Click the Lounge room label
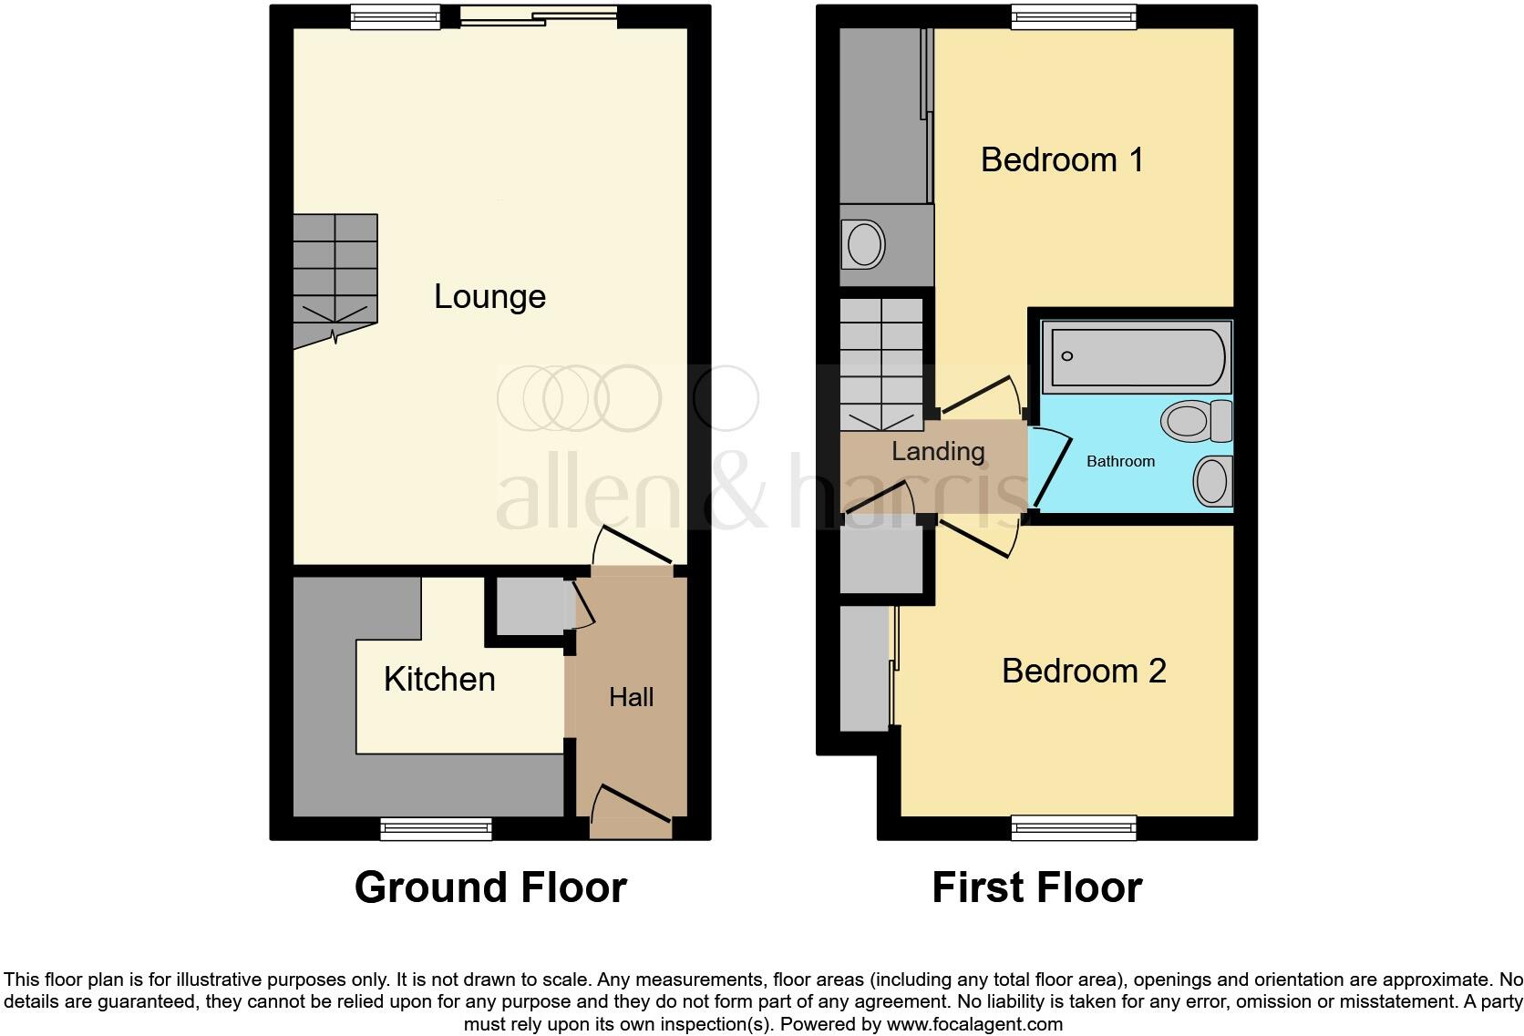point(489,296)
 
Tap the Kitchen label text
point(439,679)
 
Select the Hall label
point(631,697)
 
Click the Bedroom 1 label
point(1062,159)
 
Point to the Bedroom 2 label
point(1083,671)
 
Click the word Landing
point(937,451)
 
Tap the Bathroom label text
point(1120,461)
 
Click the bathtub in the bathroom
point(1136,356)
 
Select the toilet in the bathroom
point(1195,420)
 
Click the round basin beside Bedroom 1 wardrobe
point(865,244)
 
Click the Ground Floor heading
point(490,887)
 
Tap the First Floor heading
point(1036,887)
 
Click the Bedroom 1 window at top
point(1074,15)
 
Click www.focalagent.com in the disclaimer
point(974,1023)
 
